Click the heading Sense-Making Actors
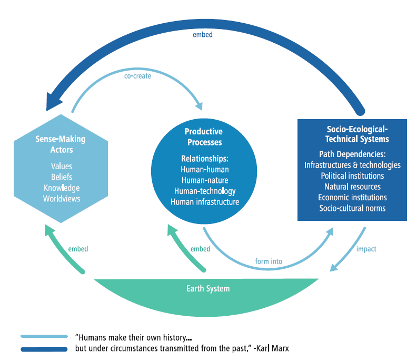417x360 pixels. [60, 144]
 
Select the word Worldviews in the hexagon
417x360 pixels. [62, 199]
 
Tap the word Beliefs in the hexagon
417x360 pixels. [62, 177]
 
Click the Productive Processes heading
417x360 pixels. [203, 137]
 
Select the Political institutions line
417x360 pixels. [352, 176]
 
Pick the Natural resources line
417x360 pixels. [352, 187]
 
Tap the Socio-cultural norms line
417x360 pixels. [352, 208]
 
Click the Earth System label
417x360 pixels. [208, 289]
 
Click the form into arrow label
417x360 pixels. [269, 261]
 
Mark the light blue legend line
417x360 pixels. [44, 336]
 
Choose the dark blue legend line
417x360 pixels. [44, 348]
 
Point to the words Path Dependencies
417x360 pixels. [352, 155]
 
